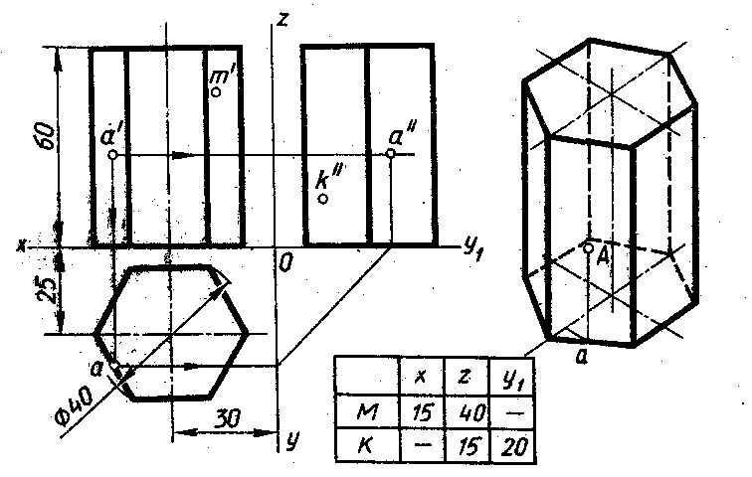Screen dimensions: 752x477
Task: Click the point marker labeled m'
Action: tap(216, 92)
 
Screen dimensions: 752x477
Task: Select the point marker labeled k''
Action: tap(323, 199)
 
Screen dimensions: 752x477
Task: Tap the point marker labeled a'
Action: tap(112, 155)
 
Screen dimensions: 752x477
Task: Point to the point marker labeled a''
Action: tap(390, 153)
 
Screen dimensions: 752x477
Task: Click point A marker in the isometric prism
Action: tap(588, 247)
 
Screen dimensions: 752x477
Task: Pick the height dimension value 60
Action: tap(47, 135)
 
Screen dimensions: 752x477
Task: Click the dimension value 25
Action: tap(49, 289)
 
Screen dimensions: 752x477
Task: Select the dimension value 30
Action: tap(227, 418)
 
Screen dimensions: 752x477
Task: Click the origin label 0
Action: tap(284, 263)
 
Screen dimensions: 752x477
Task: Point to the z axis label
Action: tap(282, 19)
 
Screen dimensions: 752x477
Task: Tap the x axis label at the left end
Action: tap(20, 246)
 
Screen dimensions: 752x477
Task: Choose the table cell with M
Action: tap(367, 411)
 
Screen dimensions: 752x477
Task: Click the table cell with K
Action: tap(367, 445)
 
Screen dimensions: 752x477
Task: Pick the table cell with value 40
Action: tap(468, 411)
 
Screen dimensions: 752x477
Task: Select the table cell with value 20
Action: tap(511, 445)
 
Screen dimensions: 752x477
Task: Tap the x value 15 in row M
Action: tap(423, 411)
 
